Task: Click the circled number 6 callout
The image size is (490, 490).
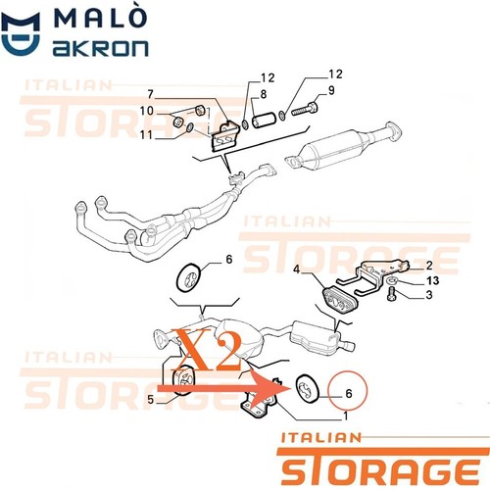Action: (349, 393)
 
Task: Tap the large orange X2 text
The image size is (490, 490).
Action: (209, 350)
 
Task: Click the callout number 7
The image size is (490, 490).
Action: (150, 94)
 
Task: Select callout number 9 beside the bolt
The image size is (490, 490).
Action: (331, 90)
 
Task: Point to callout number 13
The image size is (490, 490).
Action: (433, 280)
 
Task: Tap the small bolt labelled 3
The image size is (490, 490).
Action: (391, 293)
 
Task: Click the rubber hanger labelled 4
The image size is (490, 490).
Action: (340, 300)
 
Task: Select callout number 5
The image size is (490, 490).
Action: (150, 399)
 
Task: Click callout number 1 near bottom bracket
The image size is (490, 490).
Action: (345, 416)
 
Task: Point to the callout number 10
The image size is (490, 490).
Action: (146, 111)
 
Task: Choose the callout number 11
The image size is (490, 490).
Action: (146, 134)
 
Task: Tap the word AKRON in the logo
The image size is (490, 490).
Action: (100, 48)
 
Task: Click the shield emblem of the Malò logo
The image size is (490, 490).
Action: (21, 33)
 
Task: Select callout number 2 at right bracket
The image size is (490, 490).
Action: (429, 266)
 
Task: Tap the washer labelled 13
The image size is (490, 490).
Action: (392, 279)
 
